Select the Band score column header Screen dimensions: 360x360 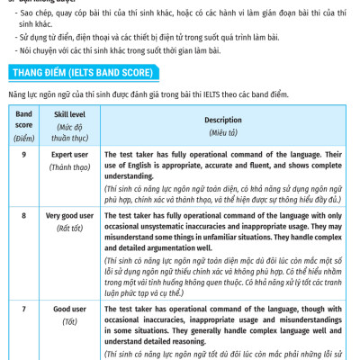coord(23,120)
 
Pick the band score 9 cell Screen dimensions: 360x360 coord(23,155)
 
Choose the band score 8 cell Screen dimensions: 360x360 coord(23,217)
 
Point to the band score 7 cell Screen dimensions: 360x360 coord(23,309)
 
